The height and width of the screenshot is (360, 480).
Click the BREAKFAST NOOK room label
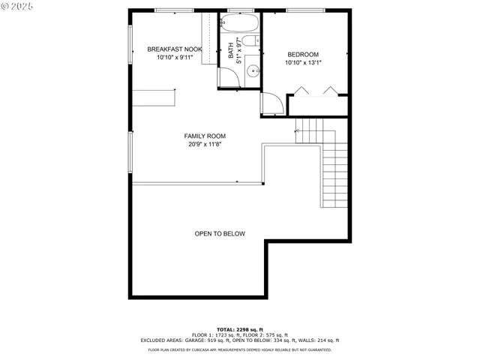[175, 49]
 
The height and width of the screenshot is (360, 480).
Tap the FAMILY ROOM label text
[205, 136]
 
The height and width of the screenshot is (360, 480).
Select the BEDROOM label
[304, 54]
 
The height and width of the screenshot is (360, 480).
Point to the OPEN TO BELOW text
[220, 234]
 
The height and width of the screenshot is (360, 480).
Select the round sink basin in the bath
[253, 73]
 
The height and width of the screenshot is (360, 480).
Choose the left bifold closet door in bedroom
[301, 91]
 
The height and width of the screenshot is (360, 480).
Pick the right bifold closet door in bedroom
[330, 91]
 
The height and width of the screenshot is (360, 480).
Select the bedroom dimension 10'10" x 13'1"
[303, 63]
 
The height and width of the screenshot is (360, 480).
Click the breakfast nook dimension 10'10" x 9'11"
[175, 58]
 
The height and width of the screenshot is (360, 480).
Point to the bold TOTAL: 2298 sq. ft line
[240, 329]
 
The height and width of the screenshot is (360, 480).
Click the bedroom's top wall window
[306, 10]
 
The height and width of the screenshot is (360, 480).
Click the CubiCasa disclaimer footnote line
[240, 349]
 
